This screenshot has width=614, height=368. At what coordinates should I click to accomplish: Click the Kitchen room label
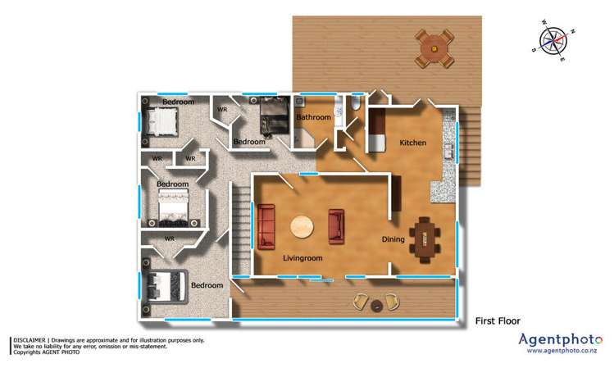click(412, 143)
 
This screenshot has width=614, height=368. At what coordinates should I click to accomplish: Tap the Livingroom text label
click(302, 258)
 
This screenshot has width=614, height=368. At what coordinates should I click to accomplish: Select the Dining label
click(394, 239)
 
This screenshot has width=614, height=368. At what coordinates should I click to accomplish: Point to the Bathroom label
click(313, 118)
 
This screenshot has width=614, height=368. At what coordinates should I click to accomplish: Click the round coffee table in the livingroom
click(301, 226)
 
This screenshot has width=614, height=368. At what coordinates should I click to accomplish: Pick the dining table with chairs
click(425, 238)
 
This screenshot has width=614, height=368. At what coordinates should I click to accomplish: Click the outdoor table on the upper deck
click(434, 48)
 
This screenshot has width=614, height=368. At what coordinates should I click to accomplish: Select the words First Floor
click(498, 320)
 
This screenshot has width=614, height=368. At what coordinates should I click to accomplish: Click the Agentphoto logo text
click(560, 338)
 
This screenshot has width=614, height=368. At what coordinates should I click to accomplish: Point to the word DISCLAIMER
click(28, 340)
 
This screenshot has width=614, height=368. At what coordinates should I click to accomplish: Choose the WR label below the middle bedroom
click(170, 239)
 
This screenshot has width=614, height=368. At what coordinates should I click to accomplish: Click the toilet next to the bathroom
click(353, 110)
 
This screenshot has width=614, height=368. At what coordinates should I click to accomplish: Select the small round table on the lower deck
click(376, 305)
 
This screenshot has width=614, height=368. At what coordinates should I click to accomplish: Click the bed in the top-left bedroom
click(164, 122)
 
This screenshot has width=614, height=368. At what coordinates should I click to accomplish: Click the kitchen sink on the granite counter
click(448, 152)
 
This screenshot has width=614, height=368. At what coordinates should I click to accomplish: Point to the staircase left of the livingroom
click(239, 225)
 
